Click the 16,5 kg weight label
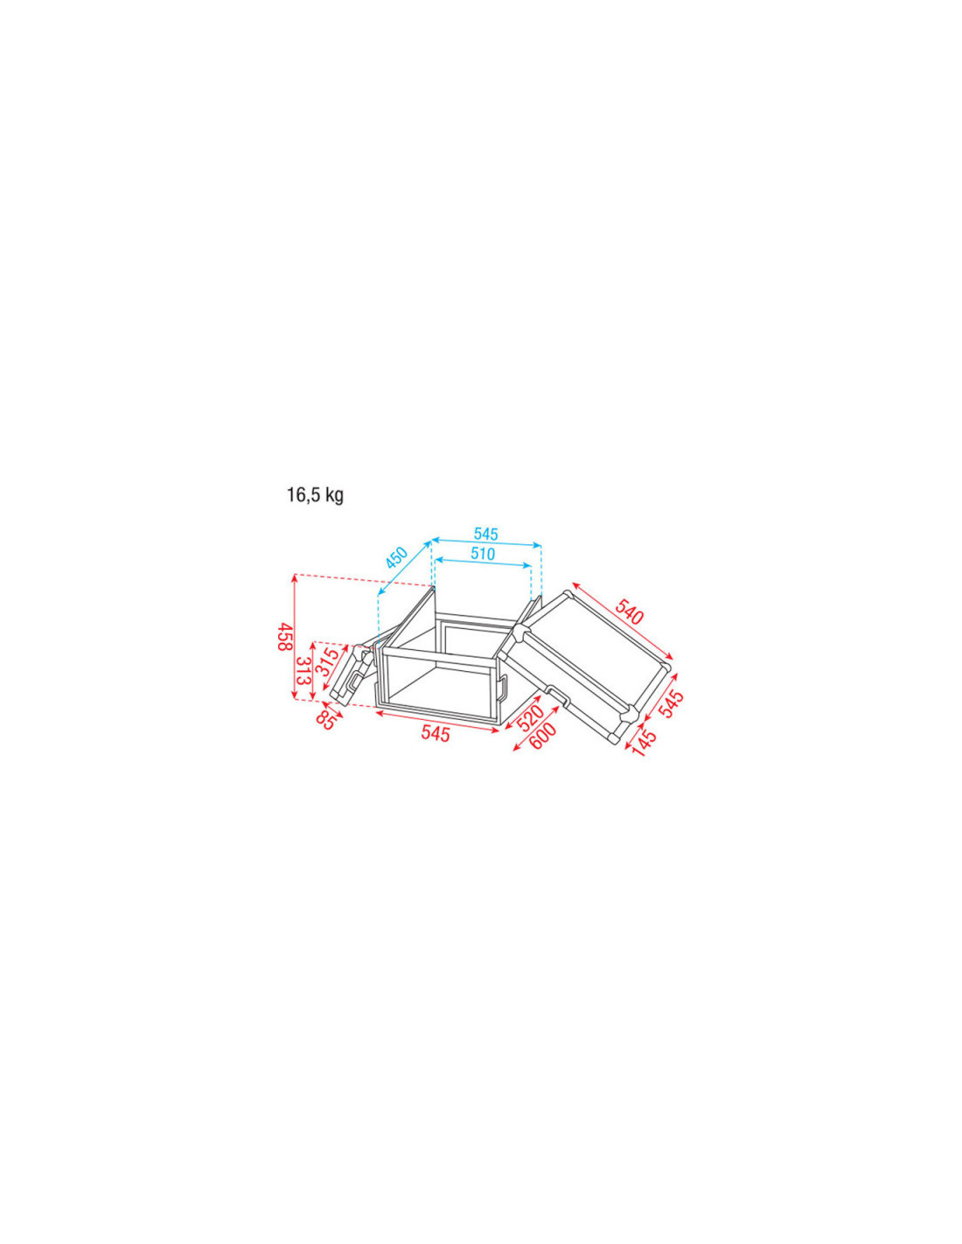315,495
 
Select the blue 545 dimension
486,534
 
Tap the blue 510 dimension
483,554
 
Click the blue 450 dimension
396,557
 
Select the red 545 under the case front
436,733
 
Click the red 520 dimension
529,717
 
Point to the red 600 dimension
542,737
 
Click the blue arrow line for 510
483,564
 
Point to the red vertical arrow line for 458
295,637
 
